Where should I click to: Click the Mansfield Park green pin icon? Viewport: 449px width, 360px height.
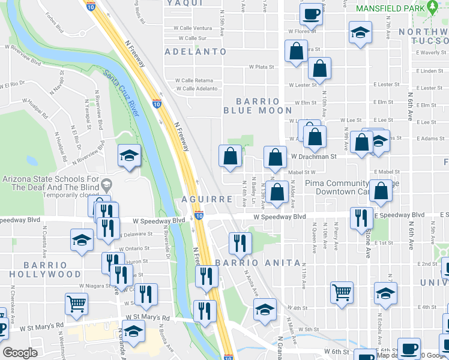click(433, 8)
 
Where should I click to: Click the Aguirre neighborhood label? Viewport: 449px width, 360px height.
click(207, 199)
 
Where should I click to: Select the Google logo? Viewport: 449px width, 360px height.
click(20, 353)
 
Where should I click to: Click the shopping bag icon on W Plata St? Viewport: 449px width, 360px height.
click(320, 70)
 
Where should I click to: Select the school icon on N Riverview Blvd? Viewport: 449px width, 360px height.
click(129, 156)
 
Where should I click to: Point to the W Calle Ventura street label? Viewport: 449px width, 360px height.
click(193, 28)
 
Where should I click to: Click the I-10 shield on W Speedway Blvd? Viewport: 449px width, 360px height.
click(199, 216)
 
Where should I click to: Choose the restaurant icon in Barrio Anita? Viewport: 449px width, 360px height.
click(240, 242)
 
